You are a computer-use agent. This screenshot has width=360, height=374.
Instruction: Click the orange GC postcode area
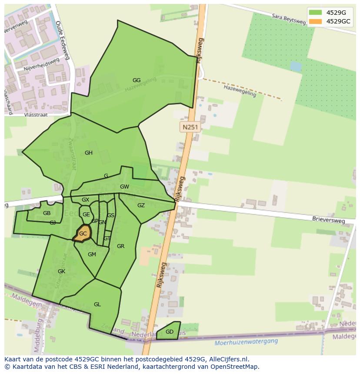coord(82,233)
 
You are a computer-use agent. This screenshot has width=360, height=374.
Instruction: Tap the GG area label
coord(137,80)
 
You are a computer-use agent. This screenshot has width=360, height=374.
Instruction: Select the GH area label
coord(89,153)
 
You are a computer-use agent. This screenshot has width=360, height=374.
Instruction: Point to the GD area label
coord(170,332)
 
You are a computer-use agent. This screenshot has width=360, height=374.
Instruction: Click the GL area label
coord(97,304)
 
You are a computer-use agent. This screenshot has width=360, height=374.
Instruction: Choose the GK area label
coord(61,271)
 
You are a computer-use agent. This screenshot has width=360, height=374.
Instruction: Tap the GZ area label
coord(141,205)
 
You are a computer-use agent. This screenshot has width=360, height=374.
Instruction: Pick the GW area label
coord(124,187)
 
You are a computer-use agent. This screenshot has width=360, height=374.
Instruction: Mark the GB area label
coord(47,213)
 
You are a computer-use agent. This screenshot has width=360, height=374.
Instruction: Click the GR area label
coord(120,246)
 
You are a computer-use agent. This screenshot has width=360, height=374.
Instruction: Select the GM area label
coord(92,255)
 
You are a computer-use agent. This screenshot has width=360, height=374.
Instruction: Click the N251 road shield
coord(190,127)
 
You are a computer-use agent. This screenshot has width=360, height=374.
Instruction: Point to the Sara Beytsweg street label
coord(288,20)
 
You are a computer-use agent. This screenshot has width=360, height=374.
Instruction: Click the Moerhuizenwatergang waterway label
coord(246,342)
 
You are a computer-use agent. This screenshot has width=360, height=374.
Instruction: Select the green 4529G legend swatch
coord(315,12)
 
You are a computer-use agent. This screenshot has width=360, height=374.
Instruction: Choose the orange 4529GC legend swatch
coord(315,21)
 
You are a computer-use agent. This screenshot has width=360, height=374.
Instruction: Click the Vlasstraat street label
coord(37,115)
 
